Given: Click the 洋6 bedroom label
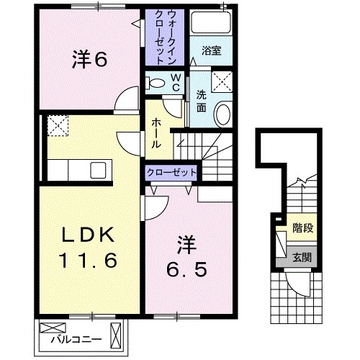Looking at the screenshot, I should [89, 60].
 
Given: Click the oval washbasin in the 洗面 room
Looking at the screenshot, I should [224, 113].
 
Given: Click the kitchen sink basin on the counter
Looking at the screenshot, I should [95, 171].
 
